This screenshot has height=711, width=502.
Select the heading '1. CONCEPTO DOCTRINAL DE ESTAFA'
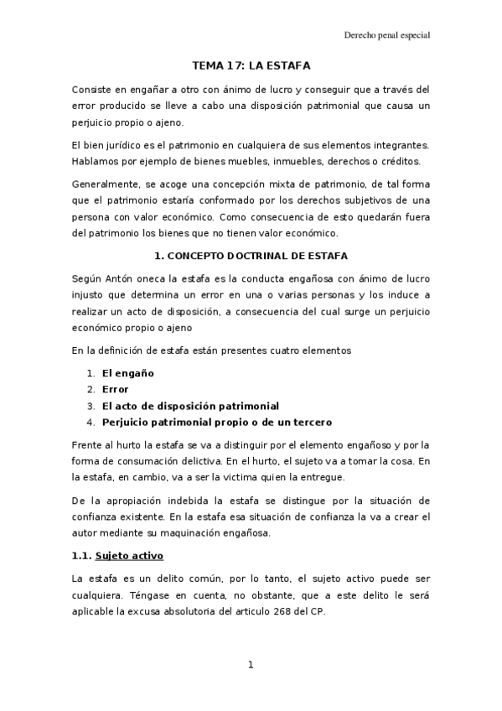point(251,255)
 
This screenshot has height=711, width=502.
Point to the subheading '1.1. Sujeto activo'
point(118,556)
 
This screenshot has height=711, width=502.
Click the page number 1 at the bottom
point(251,665)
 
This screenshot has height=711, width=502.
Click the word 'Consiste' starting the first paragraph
point(91,89)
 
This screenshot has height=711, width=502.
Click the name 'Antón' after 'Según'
point(122,278)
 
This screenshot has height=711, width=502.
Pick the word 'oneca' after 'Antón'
point(157,278)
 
